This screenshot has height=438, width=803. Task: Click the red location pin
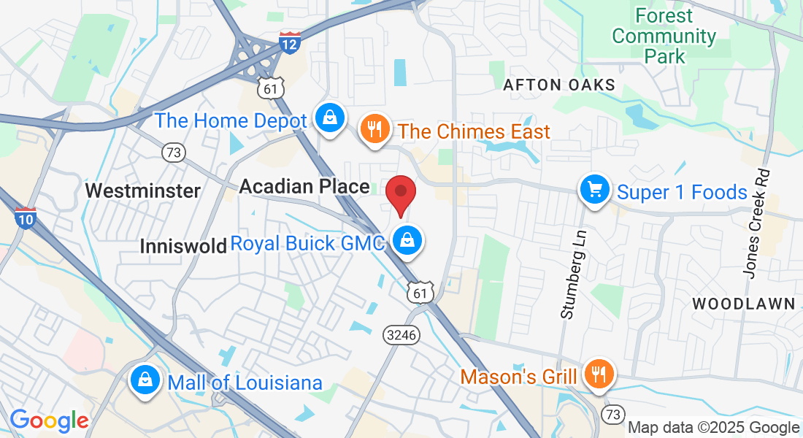(x=401, y=194)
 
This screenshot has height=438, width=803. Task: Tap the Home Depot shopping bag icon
(x=330, y=118)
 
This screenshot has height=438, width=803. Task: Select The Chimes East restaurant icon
(x=374, y=130)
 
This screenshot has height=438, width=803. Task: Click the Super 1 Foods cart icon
(x=595, y=191)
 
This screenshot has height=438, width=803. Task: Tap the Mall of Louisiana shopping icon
(x=145, y=380)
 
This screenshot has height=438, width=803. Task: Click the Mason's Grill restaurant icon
(x=599, y=375)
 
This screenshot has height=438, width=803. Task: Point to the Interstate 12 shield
(x=289, y=42)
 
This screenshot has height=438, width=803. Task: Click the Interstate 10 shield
(x=25, y=218)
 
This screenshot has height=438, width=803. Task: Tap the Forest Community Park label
(x=664, y=35)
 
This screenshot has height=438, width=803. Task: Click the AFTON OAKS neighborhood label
(x=559, y=85)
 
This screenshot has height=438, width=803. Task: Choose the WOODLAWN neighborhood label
(x=743, y=304)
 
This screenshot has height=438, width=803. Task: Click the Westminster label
(x=142, y=191)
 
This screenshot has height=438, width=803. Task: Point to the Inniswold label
(x=183, y=247)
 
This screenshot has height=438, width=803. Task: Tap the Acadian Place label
(x=304, y=187)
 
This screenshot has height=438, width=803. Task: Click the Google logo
(x=49, y=420)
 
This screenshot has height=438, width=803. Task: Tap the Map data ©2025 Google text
(x=713, y=428)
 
